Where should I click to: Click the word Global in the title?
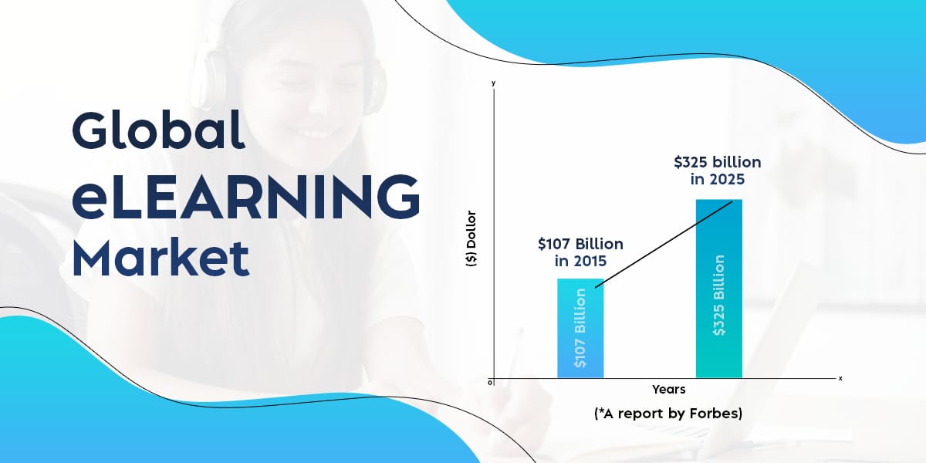click(x=158, y=130)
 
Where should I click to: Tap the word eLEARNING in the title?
click(x=246, y=197)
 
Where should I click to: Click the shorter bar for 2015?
click(x=580, y=328)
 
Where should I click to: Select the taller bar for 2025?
click(x=719, y=289)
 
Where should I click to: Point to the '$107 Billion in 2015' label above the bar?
click(x=580, y=252)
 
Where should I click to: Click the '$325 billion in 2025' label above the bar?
click(x=717, y=171)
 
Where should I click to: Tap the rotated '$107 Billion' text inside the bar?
click(x=580, y=328)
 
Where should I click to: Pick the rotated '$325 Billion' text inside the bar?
click(x=719, y=295)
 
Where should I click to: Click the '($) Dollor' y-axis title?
click(x=471, y=238)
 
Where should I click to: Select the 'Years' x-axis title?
click(x=668, y=390)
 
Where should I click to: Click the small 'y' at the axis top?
click(x=493, y=83)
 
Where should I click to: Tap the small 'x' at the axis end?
click(x=840, y=378)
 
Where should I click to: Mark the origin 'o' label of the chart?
click(x=490, y=383)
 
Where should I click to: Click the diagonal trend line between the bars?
click(x=664, y=244)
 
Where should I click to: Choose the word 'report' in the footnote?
click(x=640, y=414)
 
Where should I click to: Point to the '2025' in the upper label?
click(x=727, y=179)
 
